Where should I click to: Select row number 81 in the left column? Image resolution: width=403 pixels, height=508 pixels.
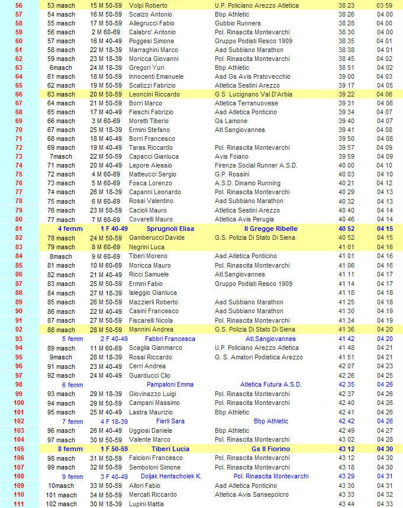pos(18,229)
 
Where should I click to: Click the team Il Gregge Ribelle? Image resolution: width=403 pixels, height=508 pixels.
pos(270,229)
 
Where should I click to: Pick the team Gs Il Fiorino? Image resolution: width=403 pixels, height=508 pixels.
pos(270,449)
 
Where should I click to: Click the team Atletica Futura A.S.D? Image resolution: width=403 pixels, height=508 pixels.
pos(270,384)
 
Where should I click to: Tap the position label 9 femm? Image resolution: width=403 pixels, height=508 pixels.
pos(72,476)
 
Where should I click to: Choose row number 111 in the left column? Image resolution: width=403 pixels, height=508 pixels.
pos(18,503)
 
